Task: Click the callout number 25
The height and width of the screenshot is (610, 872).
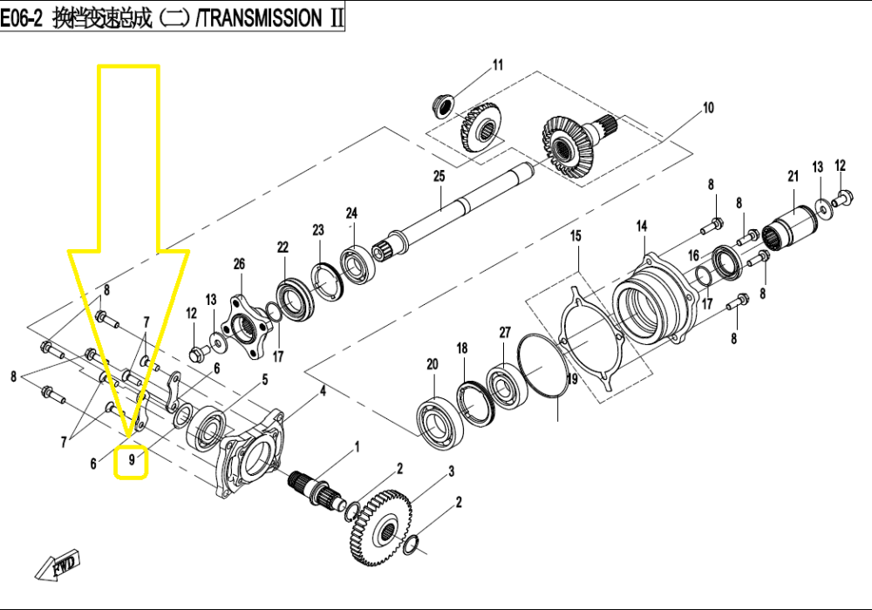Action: coord(439,176)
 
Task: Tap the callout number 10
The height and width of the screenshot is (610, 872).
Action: coord(707,108)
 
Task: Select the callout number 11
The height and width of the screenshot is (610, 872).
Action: coord(497,64)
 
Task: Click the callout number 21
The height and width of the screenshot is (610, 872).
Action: coord(793,176)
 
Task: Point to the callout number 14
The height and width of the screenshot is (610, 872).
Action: coord(642,226)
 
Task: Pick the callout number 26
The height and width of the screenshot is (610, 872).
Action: coord(239,263)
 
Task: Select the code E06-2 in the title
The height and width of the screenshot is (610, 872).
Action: coord(22,19)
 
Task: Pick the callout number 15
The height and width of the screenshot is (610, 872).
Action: coord(576,236)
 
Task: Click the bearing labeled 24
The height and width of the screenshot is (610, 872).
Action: coord(357,262)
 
